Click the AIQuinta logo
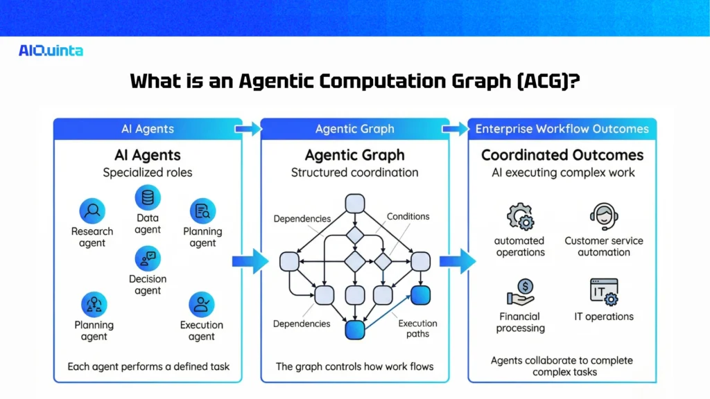coord(51,51)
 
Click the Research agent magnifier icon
coord(92,210)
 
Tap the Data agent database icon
coord(148,198)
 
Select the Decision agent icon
coord(148,259)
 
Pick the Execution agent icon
coord(202,304)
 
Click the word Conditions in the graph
coord(408,217)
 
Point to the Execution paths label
coord(417,328)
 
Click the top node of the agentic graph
coord(355,204)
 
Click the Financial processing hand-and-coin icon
coord(520,292)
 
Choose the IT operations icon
coord(603,292)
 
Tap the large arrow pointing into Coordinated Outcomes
coord(458,261)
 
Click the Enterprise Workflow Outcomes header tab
coord(562,129)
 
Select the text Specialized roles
coord(148,173)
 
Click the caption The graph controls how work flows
coord(354,366)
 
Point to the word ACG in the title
coord(544,81)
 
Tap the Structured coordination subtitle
coord(354,173)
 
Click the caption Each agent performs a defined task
coord(148,366)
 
